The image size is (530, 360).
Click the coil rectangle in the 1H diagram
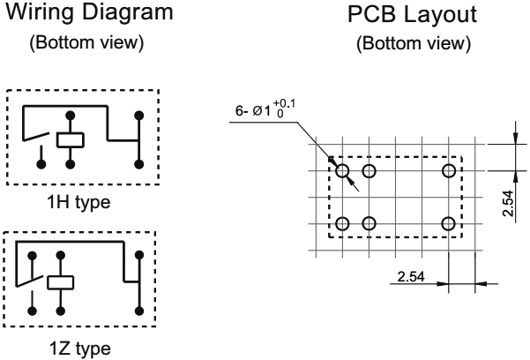pos(70,139)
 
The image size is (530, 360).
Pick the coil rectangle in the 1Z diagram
pos(60,283)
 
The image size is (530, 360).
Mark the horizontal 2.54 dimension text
pos(411,277)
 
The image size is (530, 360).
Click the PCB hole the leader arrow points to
pos(342,170)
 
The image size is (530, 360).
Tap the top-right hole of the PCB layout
pos(449,170)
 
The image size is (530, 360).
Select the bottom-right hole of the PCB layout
pos(449,223)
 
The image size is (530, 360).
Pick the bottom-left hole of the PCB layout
pos(342,223)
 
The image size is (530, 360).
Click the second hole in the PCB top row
pos(369,170)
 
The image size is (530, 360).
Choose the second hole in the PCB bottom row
pos(369,223)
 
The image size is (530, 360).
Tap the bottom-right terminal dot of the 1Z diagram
pos(139,310)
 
